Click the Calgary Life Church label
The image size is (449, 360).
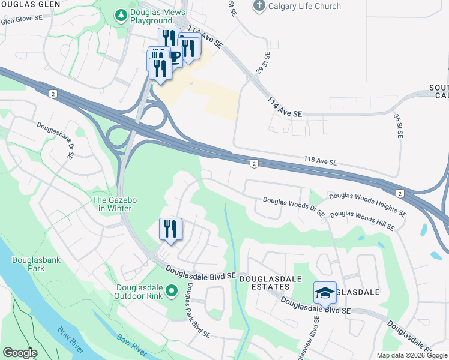tap(305, 7)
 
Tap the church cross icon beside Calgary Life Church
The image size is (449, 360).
tap(259, 6)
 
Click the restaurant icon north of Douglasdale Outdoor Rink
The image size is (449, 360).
tap(170, 229)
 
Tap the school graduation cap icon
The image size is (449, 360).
tap(325, 293)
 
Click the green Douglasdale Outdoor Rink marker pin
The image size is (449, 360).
tap(171, 292)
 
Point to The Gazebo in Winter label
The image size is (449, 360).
tap(112, 204)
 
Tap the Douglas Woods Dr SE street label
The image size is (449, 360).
tap(294, 207)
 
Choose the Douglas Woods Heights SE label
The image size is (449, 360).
tap(367, 203)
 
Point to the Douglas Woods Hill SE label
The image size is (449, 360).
tap(362, 220)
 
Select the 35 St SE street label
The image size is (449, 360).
tap(398, 125)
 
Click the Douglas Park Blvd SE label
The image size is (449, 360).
tap(197, 309)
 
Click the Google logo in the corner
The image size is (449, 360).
tap(20, 353)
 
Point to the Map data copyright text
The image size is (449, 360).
tap(412, 355)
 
